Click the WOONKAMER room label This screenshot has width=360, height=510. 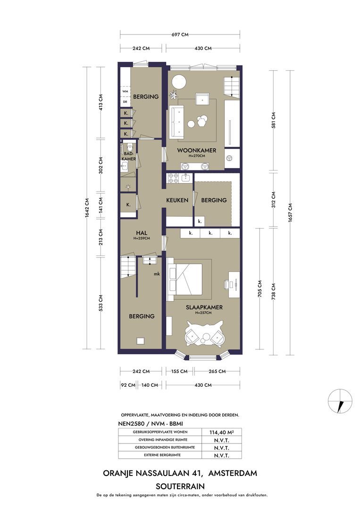(x=197, y=150)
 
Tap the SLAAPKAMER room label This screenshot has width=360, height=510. (x=204, y=307)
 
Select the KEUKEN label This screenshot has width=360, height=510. (x=177, y=200)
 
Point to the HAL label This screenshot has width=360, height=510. (x=142, y=233)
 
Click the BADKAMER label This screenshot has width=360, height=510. (x=129, y=156)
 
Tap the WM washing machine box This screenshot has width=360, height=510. (x=125, y=92)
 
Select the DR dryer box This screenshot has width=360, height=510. (x=125, y=102)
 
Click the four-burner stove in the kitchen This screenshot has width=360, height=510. (x=172, y=178)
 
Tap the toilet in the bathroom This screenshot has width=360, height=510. (x=129, y=146)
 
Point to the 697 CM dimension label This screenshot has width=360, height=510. (x=180, y=34)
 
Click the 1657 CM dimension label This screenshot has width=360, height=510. (x=290, y=212)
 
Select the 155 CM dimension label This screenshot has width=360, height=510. (x=179, y=371)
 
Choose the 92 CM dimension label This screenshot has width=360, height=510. (x=128, y=385)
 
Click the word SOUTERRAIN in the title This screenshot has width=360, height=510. (x=180, y=486)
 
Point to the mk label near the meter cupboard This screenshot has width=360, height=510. (x=157, y=274)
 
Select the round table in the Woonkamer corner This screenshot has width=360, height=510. (x=178, y=81)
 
